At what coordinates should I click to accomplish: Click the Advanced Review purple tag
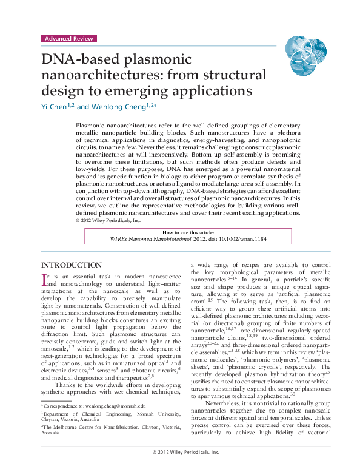pos(68,38)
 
